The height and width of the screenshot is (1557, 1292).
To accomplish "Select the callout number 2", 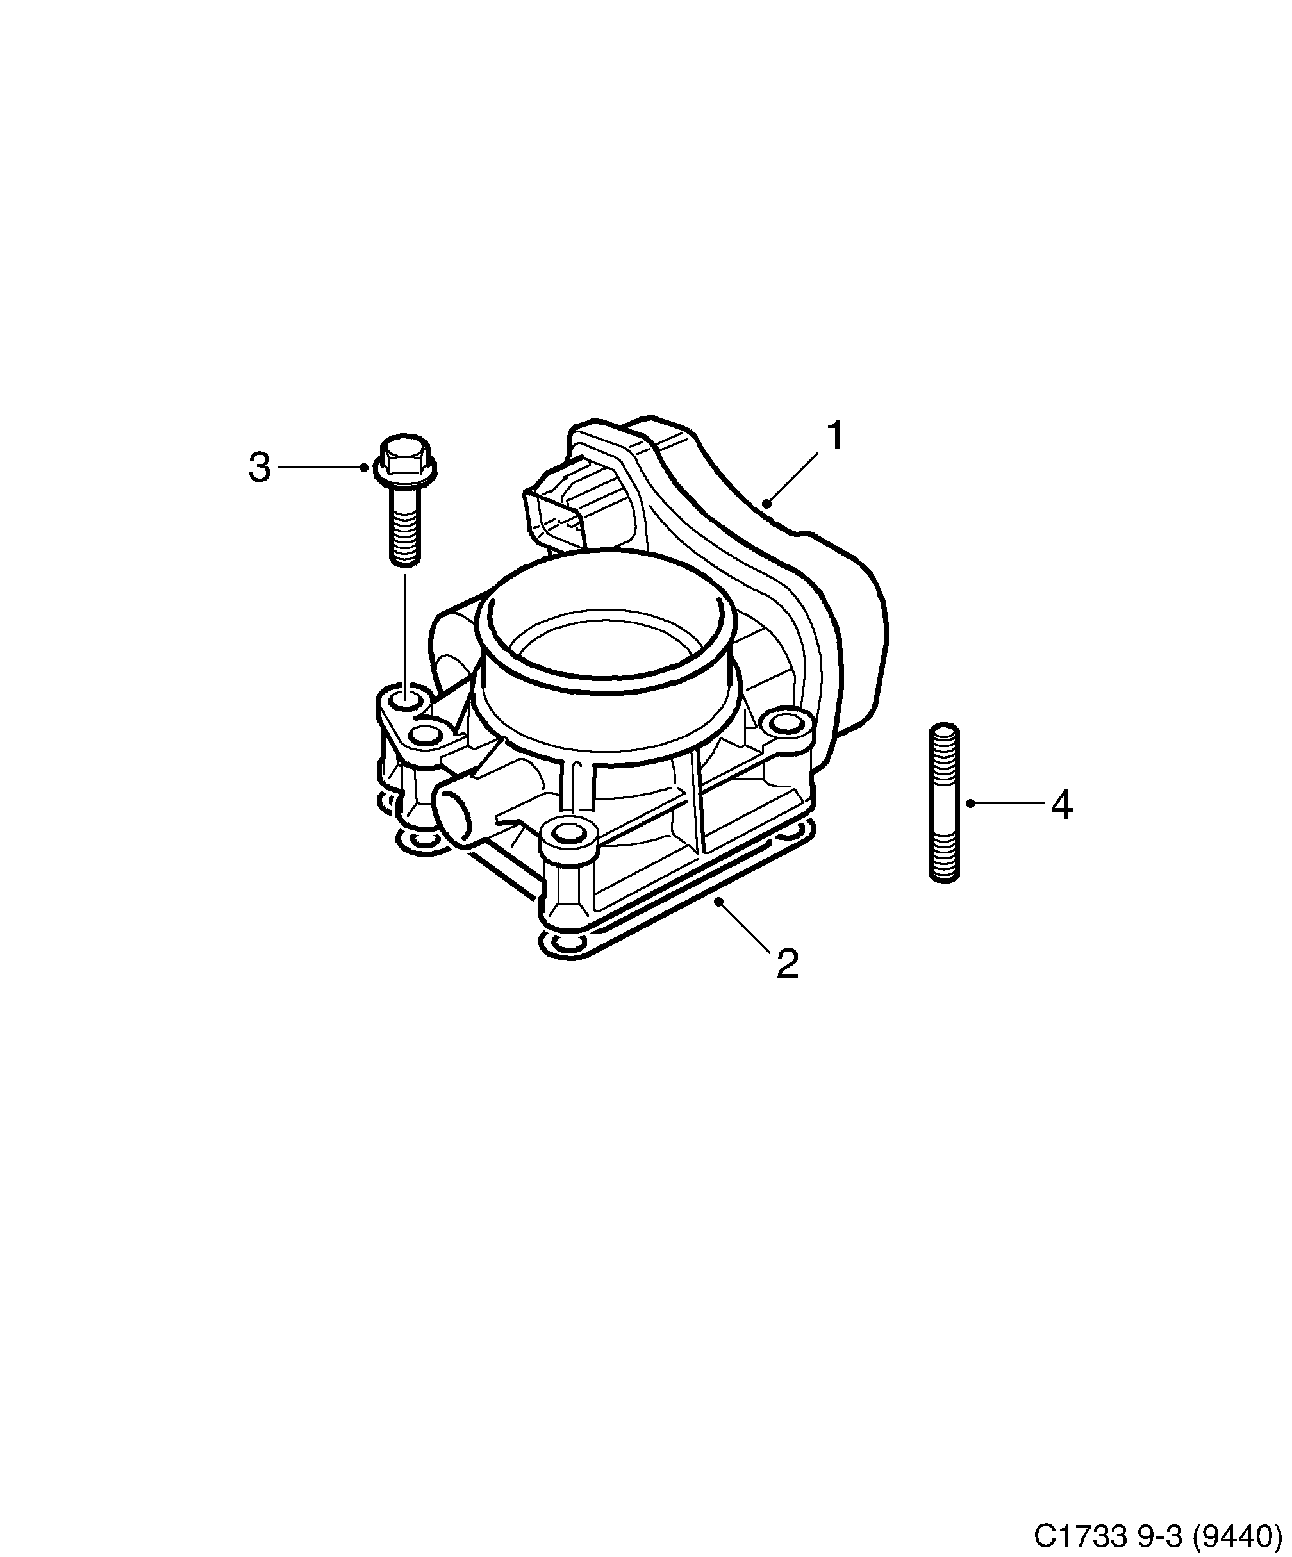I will coord(787,963).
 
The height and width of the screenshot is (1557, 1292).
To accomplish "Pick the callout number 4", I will coord(1061,805).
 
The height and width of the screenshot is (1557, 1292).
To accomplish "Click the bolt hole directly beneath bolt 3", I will coord(405,698).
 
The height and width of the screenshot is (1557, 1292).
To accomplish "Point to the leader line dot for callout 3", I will coord(363,467).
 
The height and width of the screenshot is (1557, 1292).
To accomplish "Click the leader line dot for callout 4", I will coord(970,803).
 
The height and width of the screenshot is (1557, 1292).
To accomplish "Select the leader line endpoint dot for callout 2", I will coord(718,901).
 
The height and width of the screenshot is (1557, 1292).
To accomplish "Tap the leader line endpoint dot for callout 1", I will coord(767,504).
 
